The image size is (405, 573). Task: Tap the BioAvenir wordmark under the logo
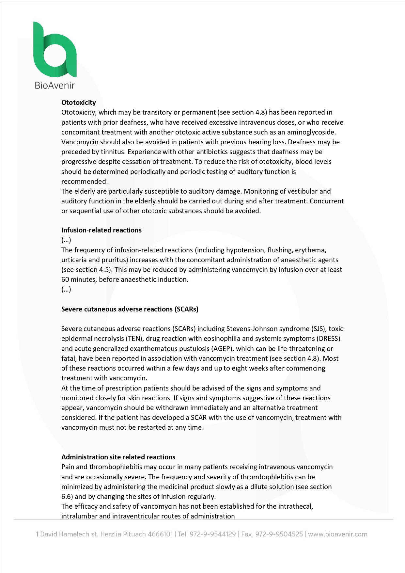point(55,86)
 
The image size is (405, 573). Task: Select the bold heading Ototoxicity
point(79,103)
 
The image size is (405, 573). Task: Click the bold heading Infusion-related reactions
point(101,230)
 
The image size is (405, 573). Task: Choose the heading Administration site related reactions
point(118,457)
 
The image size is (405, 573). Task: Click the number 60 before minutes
point(65,279)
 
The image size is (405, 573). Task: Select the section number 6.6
point(67,497)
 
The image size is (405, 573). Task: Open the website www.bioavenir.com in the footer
point(338,534)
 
